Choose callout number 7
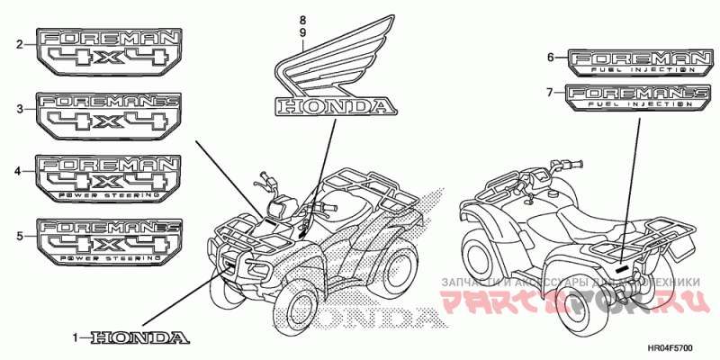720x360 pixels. click(550, 92)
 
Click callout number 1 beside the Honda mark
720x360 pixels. click(76, 337)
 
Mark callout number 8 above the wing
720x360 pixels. click(303, 20)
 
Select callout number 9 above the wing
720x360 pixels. click(303, 32)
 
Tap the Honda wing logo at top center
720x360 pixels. click(333, 72)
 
